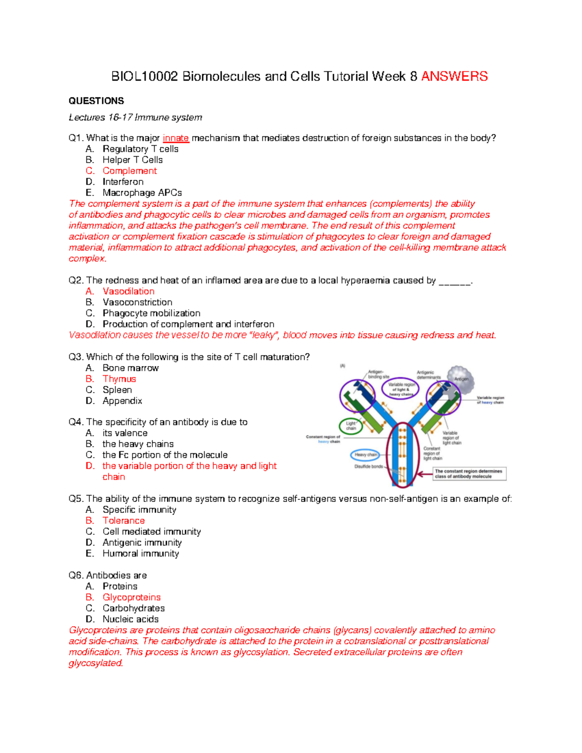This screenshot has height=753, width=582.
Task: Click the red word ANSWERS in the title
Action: pos(454,77)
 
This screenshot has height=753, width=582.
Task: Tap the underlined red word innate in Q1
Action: pos(176,138)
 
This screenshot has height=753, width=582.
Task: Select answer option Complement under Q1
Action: pos(129,171)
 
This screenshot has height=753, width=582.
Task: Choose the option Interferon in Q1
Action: pos(123,182)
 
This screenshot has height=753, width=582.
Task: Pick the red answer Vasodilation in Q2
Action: pos(129,291)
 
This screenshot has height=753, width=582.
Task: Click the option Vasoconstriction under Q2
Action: pos(137,302)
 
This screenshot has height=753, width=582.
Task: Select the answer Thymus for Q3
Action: pos(119,379)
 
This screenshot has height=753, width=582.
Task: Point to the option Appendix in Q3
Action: pos(122,401)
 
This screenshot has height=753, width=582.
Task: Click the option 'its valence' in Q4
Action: pos(125,433)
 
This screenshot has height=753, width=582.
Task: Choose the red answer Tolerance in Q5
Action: pos(123,521)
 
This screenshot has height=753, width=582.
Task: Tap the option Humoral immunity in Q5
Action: pos(141,554)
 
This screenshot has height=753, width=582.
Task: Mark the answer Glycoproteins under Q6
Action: pos(131,597)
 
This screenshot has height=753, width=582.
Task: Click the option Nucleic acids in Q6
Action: pos(130,619)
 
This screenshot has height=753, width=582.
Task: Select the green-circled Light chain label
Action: pos(351,426)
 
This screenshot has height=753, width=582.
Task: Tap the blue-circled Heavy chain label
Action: pos(365,455)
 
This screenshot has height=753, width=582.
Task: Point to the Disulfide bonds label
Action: pos(369,466)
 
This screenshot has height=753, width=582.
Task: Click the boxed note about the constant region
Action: pos(469,474)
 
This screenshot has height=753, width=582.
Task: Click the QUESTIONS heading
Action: pos(96,101)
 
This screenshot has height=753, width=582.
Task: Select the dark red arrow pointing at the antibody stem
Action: pos(425,474)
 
